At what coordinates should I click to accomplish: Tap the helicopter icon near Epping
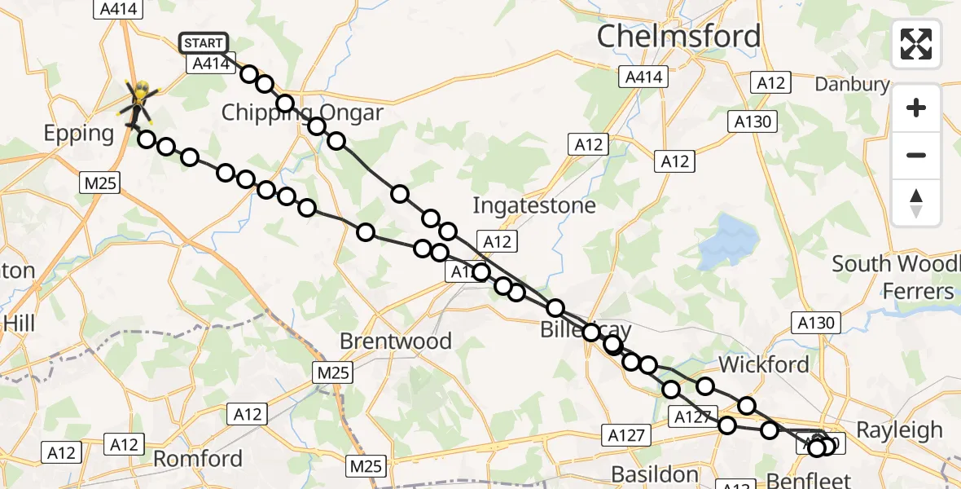(x=140, y=101)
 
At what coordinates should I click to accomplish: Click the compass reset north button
(x=916, y=203)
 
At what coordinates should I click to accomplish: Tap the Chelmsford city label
(x=678, y=36)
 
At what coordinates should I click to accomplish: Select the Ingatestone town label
(x=534, y=205)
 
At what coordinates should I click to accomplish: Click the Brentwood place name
(x=396, y=341)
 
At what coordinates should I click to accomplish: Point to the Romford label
(x=199, y=458)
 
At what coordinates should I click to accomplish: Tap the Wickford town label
(x=764, y=364)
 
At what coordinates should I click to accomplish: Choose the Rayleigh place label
(x=900, y=430)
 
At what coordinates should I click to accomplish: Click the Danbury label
(x=853, y=84)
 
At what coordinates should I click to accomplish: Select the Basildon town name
(x=655, y=474)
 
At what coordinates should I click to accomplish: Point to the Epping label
(x=79, y=134)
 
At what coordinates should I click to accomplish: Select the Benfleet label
(x=809, y=480)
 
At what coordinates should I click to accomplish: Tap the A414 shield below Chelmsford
(x=644, y=77)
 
